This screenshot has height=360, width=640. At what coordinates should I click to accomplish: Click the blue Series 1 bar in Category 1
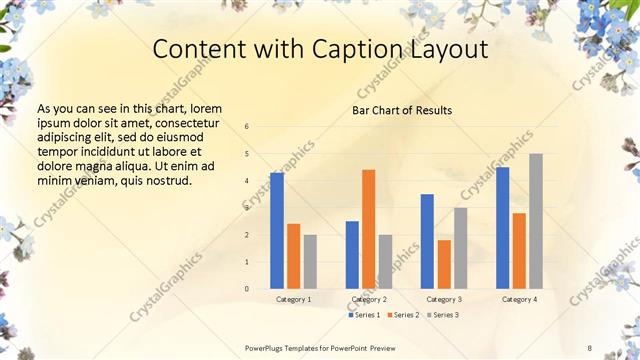(277, 231)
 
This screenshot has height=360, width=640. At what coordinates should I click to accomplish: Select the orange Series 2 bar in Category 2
(369, 229)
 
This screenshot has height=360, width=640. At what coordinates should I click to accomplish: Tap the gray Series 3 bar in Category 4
(536, 221)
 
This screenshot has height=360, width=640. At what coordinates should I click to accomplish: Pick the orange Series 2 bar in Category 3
(444, 264)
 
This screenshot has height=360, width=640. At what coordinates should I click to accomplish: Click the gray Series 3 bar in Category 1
(310, 262)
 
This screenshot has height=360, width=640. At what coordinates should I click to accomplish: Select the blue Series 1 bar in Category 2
(352, 255)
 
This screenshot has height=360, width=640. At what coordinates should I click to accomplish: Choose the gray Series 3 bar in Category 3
(461, 248)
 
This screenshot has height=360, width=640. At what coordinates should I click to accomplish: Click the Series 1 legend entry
(364, 315)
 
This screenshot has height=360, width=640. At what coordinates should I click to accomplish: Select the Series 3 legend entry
(442, 315)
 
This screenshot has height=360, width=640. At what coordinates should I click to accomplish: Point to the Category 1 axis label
(294, 299)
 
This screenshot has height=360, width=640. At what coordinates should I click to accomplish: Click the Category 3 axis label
(444, 299)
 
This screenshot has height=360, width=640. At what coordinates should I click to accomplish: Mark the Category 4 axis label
(519, 299)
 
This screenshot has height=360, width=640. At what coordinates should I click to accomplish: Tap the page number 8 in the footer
(589, 347)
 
